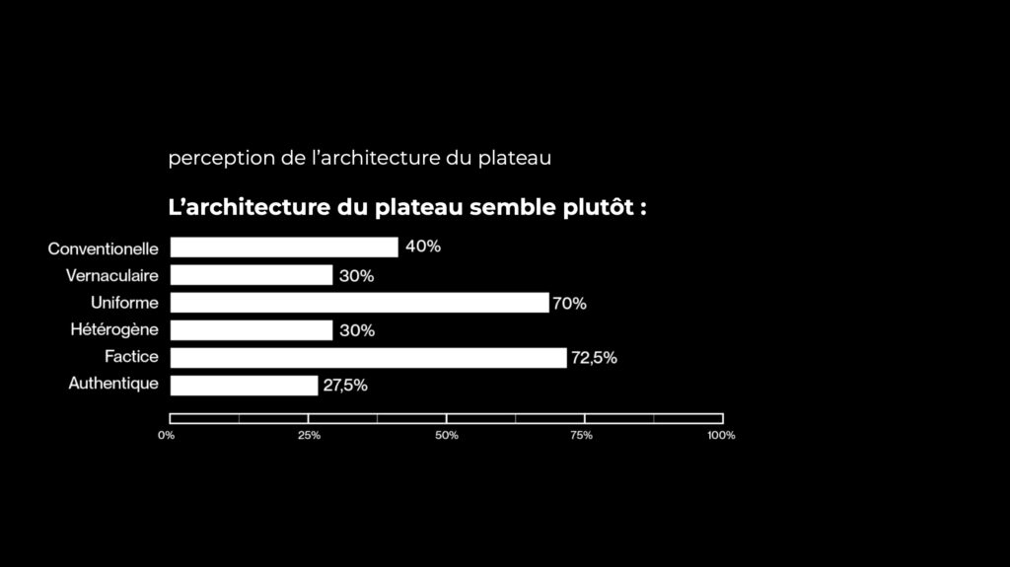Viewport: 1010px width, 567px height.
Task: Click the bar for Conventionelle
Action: [284, 248]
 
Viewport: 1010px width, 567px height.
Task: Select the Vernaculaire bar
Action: [252, 275]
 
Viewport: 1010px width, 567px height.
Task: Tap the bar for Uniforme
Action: [359, 303]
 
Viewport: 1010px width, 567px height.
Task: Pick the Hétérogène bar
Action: [252, 330]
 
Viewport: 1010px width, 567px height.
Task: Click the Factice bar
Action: [368, 358]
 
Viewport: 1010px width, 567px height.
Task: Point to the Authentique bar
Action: [244, 386]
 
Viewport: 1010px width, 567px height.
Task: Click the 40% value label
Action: [423, 247]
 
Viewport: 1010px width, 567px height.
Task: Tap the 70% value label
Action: [569, 304]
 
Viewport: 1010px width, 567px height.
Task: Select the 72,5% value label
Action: [594, 358]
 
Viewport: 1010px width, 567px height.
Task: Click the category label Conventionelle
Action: [103, 248]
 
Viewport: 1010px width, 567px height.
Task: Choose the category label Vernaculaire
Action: [111, 275]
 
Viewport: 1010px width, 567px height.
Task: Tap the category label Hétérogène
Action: [114, 329]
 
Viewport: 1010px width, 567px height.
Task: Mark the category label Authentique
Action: [112, 384]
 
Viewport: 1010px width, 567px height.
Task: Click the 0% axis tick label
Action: [167, 435]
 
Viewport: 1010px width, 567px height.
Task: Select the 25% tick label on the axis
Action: [309, 435]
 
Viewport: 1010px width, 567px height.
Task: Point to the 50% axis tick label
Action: [447, 435]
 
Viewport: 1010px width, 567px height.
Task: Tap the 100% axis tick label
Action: [721, 435]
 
